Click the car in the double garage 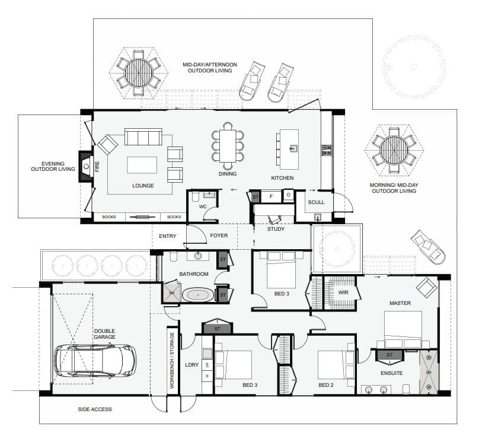click(x=95, y=361)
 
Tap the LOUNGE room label click(x=143, y=186)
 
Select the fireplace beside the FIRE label click(x=86, y=167)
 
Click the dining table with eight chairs click(x=228, y=146)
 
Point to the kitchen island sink click(x=293, y=148)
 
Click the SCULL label click(x=316, y=202)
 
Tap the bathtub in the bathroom click(x=198, y=295)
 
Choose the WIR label click(x=343, y=292)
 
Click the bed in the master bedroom click(x=403, y=329)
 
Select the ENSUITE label click(x=392, y=373)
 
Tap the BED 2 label click(x=326, y=385)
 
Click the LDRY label click(x=192, y=365)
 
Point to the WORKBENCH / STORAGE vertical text click(x=172, y=361)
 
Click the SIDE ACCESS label click(x=95, y=409)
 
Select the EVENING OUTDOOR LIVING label click(x=53, y=166)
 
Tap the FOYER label click(x=219, y=236)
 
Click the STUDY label click(x=276, y=229)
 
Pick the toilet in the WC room click(x=196, y=198)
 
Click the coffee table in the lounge click(x=142, y=165)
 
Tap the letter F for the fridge click(x=271, y=196)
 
